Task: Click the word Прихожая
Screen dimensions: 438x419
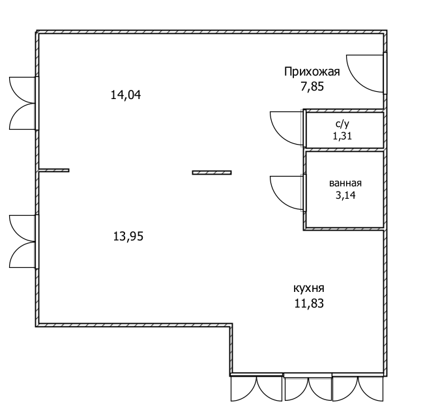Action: tap(312, 72)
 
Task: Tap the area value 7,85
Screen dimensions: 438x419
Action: tap(312, 86)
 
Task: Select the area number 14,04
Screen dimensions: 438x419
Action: tap(126, 95)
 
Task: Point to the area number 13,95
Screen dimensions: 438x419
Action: tap(128, 237)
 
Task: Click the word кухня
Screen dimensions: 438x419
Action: tap(309, 288)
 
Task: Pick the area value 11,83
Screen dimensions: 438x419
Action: tap(309, 304)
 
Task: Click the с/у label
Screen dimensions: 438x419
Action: tap(342, 124)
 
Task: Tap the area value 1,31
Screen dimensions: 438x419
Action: tap(342, 136)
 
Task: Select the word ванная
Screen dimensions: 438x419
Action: tap(345, 183)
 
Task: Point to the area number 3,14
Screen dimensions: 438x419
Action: tap(345, 195)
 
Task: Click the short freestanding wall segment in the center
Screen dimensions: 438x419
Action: tap(212, 173)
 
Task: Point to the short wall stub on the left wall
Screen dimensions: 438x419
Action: tap(54, 170)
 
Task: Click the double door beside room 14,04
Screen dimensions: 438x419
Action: tap(22, 103)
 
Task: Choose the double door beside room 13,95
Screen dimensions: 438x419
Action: tap(22, 241)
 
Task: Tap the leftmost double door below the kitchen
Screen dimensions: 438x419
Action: tap(256, 389)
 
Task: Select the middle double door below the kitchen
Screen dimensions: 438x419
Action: tap(308, 389)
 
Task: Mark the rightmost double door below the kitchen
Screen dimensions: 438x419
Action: tap(358, 389)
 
